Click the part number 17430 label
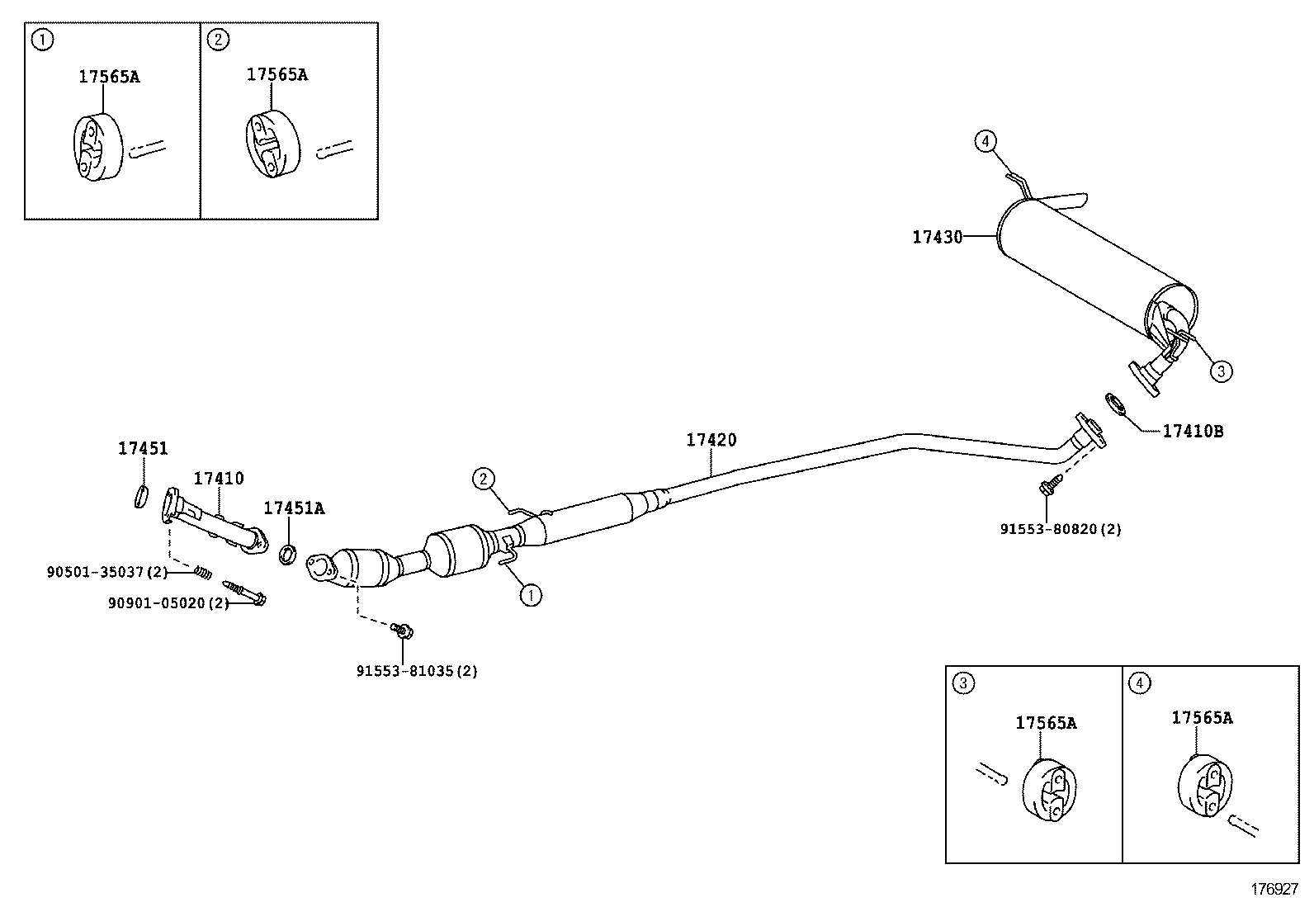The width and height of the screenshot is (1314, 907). coord(937,238)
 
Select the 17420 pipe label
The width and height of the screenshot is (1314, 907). coord(711,441)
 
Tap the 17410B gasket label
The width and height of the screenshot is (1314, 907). coord(1193,431)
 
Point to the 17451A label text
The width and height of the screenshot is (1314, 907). coord(294,508)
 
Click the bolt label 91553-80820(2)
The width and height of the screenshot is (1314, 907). coord(1061,529)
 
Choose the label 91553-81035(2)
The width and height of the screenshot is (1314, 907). coord(417,671)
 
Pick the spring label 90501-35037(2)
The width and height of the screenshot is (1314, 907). coord(107,571)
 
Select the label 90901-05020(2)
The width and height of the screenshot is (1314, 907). coord(168,603)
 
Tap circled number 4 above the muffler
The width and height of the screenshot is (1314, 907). coord(985,142)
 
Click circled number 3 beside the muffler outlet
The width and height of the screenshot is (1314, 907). coord(1221,371)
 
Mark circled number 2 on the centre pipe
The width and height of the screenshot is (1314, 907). coord(484,478)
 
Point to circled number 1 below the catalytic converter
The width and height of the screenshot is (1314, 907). coord(531,593)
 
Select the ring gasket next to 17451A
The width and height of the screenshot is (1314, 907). coord(287,554)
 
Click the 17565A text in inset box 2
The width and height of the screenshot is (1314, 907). coord(277,74)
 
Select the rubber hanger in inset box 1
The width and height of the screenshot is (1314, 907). coord(97,148)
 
